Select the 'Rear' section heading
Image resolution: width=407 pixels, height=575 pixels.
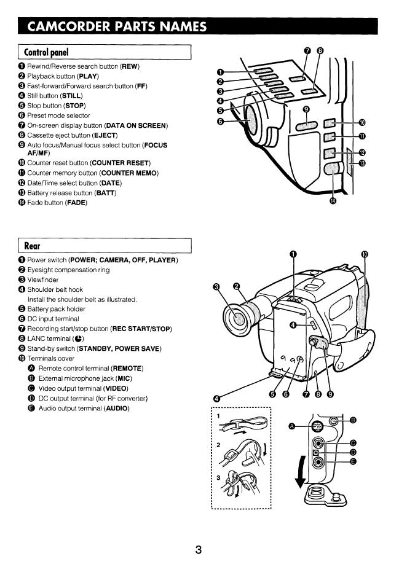pos(32,246)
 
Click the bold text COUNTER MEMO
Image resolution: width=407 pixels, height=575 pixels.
pos(128,173)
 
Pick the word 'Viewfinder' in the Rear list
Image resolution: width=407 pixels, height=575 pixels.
pos(42,280)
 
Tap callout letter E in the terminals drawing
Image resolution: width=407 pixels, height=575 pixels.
pos(354,463)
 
